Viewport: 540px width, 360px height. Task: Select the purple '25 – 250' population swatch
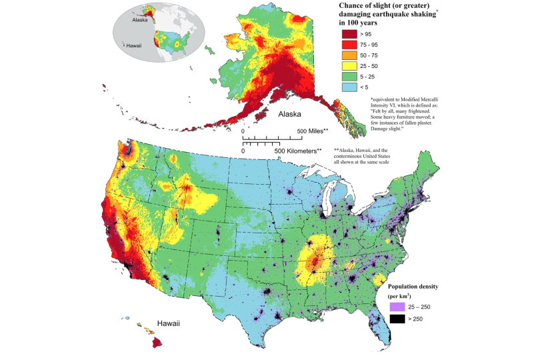coord(397,307)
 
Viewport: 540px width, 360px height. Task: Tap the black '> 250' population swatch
coord(397,319)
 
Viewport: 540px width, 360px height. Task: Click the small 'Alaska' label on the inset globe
coord(139,20)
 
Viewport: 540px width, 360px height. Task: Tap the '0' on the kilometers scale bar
coord(243,151)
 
